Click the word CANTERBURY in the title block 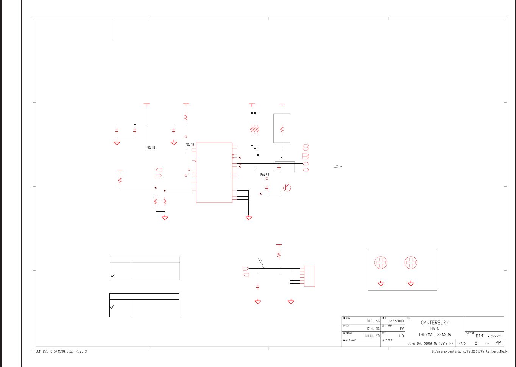point(435,323)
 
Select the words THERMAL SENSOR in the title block point(435,335)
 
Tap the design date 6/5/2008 point(396,321)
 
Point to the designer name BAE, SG point(373,321)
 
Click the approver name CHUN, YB point(372,336)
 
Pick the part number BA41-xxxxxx point(488,336)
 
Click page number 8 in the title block point(476,343)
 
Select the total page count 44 point(499,343)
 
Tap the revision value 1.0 point(401,336)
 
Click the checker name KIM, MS point(373,328)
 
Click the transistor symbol point(287,188)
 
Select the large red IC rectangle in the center point(214,173)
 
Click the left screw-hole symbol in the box point(381,263)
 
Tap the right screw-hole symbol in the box point(411,263)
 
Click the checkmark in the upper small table point(112,276)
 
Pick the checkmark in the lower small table point(112,307)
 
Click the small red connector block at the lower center point(309,276)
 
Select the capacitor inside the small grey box point(279,166)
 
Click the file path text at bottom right point(469,352)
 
